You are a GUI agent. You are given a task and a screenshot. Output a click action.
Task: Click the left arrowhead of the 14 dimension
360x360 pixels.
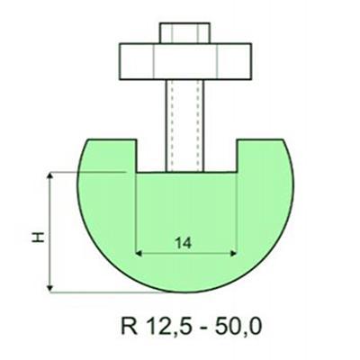[x=137, y=253]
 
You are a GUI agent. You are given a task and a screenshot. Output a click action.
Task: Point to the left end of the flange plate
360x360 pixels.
[x=123, y=60]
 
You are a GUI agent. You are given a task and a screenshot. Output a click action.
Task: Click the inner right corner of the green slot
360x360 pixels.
[x=236, y=171]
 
